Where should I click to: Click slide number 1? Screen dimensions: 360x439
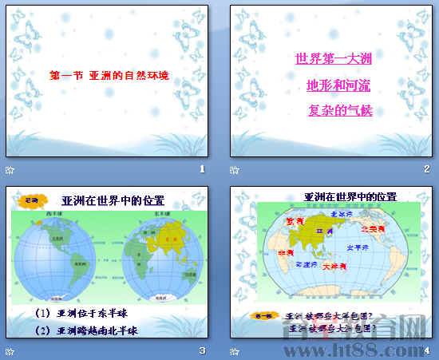[x=203, y=169]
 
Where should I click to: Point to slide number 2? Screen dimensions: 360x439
[x=427, y=169]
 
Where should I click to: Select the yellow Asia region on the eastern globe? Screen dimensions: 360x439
[x=167, y=235]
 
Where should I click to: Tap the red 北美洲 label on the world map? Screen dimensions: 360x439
[x=373, y=229]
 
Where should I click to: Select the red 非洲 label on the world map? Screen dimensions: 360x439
[x=284, y=252]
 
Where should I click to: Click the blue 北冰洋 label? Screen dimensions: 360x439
[x=342, y=213]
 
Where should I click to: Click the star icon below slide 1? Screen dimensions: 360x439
[x=10, y=169]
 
